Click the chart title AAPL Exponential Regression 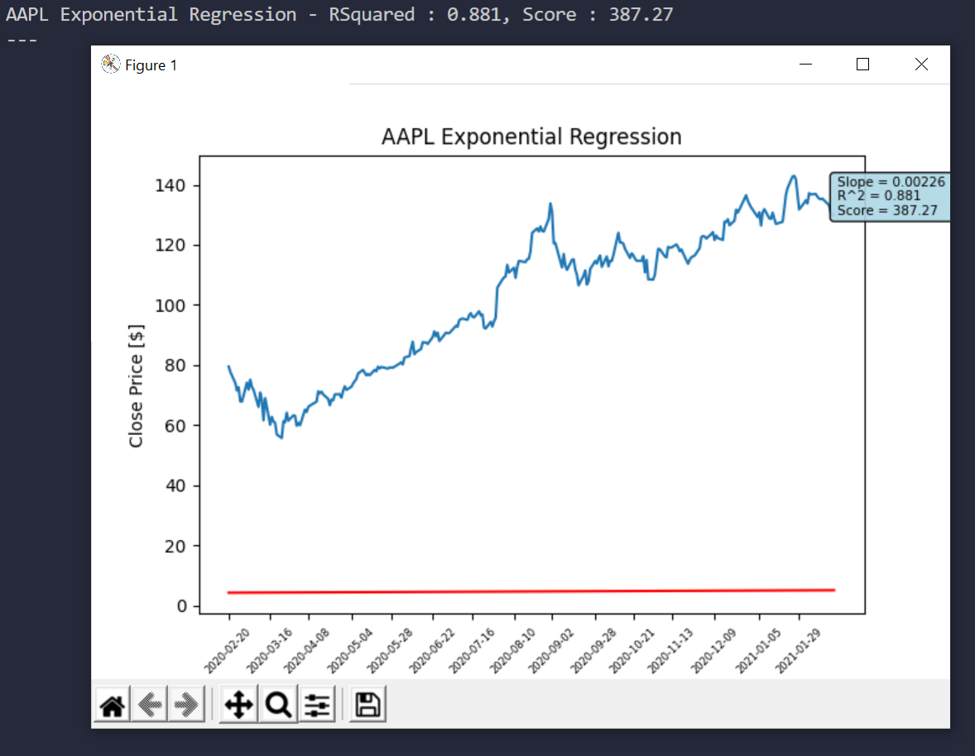click(x=531, y=137)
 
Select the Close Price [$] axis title click(x=137, y=385)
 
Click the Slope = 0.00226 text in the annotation click(x=891, y=182)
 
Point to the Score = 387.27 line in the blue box click(x=887, y=211)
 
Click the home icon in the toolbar click(x=112, y=706)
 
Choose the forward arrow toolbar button click(x=186, y=706)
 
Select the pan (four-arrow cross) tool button click(x=238, y=706)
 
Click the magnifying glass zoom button click(x=278, y=706)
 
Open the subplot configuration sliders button click(x=317, y=706)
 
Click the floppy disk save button click(x=367, y=706)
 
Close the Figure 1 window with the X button click(x=921, y=65)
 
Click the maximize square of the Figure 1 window click(x=862, y=65)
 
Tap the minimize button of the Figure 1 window click(x=804, y=65)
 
